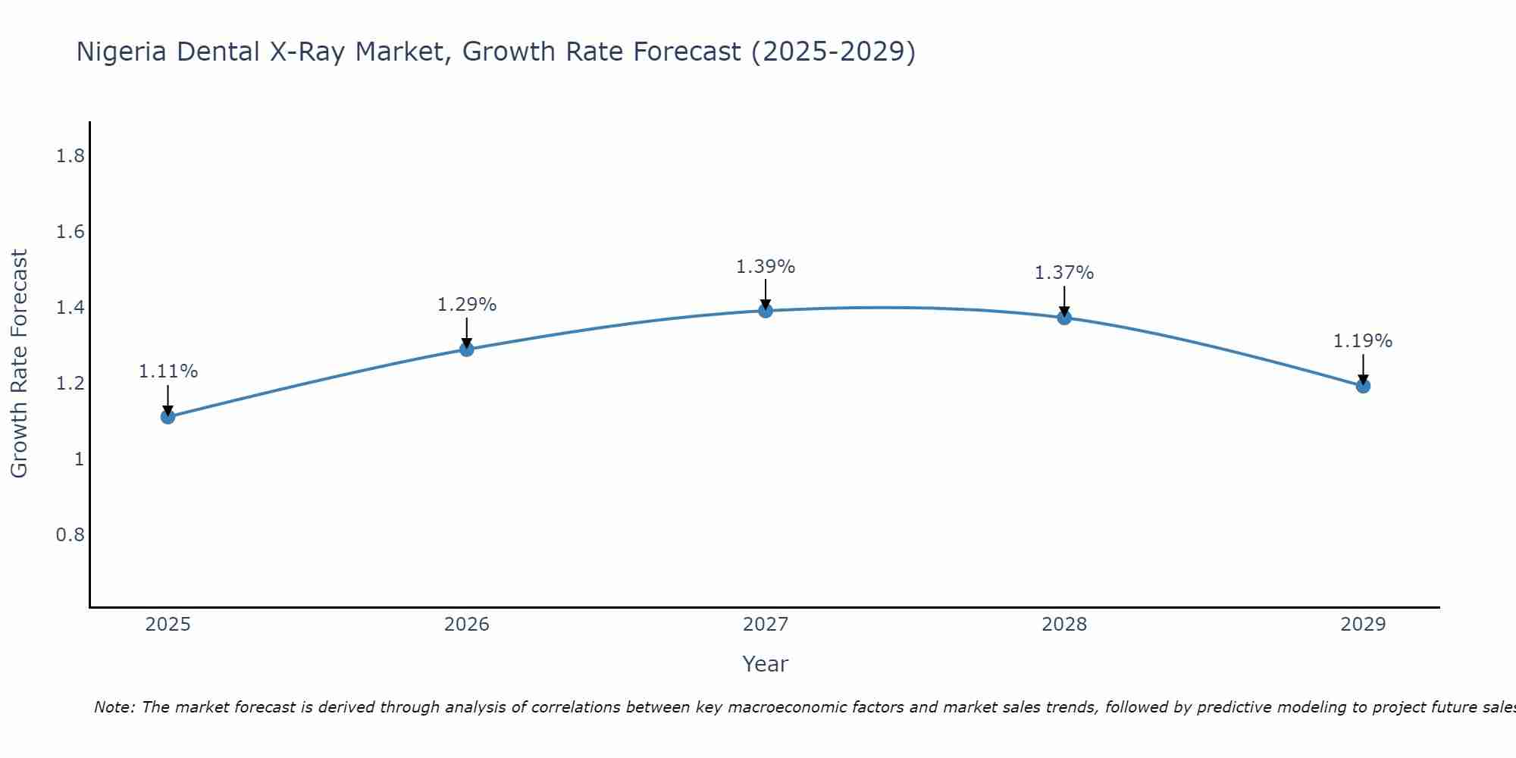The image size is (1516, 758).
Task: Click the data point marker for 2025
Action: click(x=168, y=416)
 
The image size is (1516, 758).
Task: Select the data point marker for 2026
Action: click(x=467, y=349)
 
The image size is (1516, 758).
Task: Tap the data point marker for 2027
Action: click(x=766, y=310)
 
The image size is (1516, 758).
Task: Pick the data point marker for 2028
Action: click(x=1064, y=317)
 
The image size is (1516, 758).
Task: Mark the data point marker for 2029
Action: click(x=1363, y=386)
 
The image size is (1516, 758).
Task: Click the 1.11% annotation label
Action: click(x=168, y=371)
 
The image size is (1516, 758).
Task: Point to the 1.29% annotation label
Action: click(x=467, y=305)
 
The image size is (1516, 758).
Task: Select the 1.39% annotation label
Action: click(x=766, y=267)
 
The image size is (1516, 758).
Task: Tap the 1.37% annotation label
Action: click(x=1064, y=273)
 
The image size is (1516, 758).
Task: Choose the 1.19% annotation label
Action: click(x=1363, y=341)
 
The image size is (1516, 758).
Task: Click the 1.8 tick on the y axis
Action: click(x=70, y=156)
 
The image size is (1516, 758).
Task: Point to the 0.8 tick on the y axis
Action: click(x=70, y=535)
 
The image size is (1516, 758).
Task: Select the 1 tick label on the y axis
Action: click(x=79, y=459)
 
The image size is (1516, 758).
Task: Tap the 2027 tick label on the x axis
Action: click(x=766, y=625)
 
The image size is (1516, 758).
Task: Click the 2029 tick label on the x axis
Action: click(x=1363, y=625)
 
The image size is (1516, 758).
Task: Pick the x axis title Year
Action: click(x=766, y=664)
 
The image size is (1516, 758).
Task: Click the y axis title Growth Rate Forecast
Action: click(x=20, y=364)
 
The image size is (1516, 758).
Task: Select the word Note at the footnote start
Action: click(x=114, y=707)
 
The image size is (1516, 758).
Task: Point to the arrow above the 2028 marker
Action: click(x=1064, y=300)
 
